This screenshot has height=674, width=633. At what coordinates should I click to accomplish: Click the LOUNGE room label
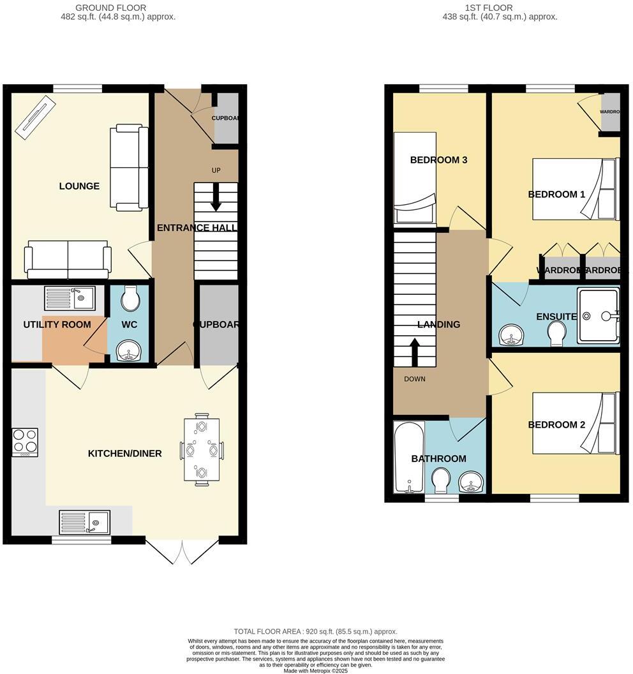coord(79,186)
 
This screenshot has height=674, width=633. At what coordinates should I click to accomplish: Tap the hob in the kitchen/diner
coord(25,442)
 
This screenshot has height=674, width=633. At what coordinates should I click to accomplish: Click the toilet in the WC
coord(130,298)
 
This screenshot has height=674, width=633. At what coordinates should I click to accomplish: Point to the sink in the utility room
coord(69,298)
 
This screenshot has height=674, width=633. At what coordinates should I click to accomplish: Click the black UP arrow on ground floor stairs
coord(216,197)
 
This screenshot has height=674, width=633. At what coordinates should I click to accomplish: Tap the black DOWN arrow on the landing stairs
coord(414,352)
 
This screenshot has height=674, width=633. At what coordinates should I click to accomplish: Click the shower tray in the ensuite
coord(598,316)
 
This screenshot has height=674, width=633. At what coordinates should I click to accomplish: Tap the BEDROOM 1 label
coord(556,194)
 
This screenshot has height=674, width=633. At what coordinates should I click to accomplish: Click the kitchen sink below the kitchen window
coord(85,521)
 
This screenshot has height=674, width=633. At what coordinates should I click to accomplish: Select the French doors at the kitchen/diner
coord(182,551)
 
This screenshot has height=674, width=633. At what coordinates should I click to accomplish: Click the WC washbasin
coord(130,350)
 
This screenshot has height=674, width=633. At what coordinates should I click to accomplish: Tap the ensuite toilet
coord(557,333)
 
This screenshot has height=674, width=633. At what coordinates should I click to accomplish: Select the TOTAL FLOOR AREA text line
coord(315,631)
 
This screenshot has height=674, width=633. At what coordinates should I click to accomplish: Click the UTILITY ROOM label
coord(57,324)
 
